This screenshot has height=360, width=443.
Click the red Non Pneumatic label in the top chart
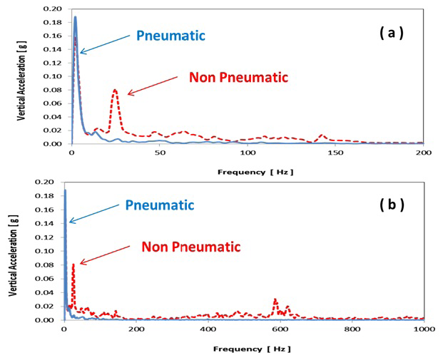click(x=238, y=77)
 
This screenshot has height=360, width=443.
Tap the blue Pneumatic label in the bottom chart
click(x=160, y=205)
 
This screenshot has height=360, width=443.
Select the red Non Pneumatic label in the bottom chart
click(x=190, y=247)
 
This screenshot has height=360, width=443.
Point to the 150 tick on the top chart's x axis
click(x=335, y=153)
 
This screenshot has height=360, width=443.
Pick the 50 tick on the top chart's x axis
click(x=159, y=153)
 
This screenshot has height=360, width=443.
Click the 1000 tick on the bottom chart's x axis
click(x=422, y=329)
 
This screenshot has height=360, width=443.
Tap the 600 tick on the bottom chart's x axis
click(x=280, y=329)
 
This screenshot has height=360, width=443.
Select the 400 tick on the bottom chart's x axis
click(x=208, y=329)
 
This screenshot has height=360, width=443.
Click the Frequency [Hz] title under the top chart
click(x=246, y=173)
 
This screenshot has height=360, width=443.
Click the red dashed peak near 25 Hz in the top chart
click(x=115, y=90)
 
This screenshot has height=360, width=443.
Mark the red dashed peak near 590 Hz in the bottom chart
click(x=275, y=299)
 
